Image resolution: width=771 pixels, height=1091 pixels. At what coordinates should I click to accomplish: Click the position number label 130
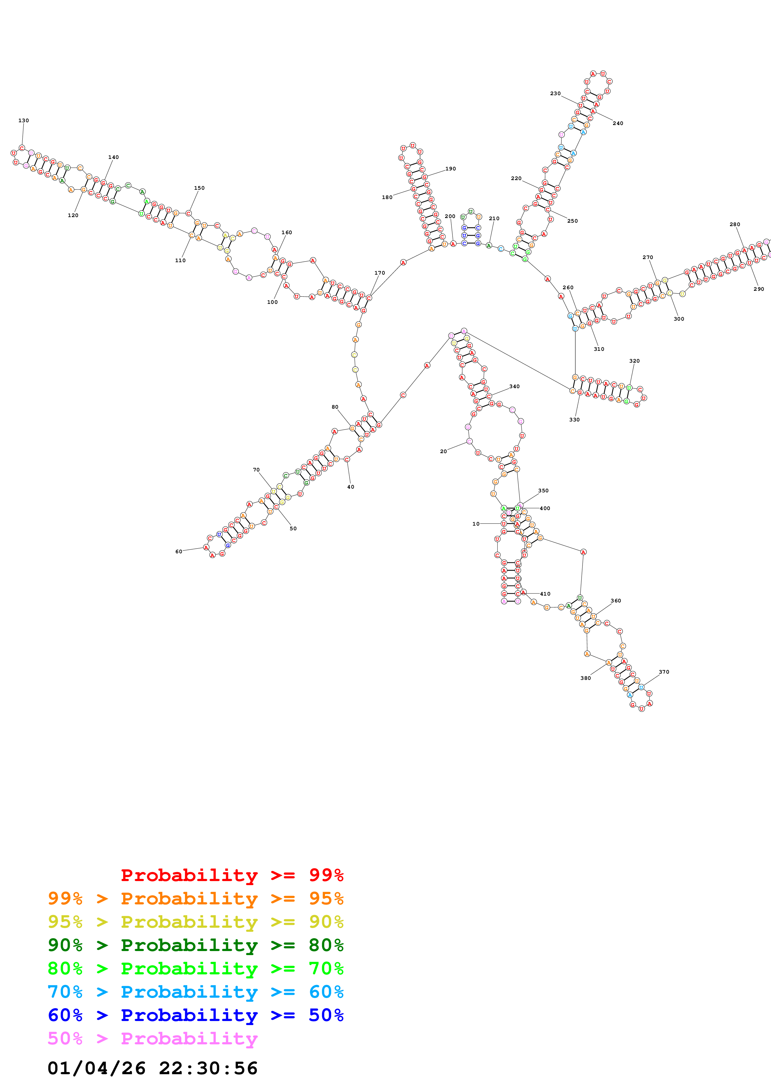pos(23,121)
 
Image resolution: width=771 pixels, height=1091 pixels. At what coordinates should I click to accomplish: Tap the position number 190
pos(450,169)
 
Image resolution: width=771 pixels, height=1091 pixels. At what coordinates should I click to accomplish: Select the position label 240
pos(618,123)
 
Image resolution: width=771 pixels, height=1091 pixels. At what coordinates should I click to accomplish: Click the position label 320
pos(634,361)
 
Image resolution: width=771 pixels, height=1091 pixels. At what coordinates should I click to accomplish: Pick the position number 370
pos(664,672)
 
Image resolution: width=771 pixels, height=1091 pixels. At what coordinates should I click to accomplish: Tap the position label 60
pos(179,552)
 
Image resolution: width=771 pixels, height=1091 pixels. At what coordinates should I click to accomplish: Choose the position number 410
pos(545,594)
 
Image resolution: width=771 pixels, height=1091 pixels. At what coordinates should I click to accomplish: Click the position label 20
pos(443,451)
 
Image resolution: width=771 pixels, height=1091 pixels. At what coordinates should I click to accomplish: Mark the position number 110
pos(180,260)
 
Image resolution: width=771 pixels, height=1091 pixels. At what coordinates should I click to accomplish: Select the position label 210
pos(494,219)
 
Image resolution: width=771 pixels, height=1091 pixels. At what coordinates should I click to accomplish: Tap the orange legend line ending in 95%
pos(195,898)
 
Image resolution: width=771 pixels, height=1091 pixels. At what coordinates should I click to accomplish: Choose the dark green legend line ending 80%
pos(195,945)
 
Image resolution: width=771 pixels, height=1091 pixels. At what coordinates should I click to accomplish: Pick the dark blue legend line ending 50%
pos(195,1015)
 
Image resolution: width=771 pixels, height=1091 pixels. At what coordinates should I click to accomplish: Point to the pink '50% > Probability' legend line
pos(152,1038)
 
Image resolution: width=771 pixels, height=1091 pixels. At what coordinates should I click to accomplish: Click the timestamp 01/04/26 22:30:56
pos(152,1068)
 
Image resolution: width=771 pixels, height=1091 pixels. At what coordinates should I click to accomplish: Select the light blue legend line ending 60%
pos(195,992)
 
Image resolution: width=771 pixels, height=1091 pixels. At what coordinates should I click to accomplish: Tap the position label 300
pos(679,319)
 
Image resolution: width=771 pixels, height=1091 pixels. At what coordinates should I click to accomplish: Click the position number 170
pos(379,273)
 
